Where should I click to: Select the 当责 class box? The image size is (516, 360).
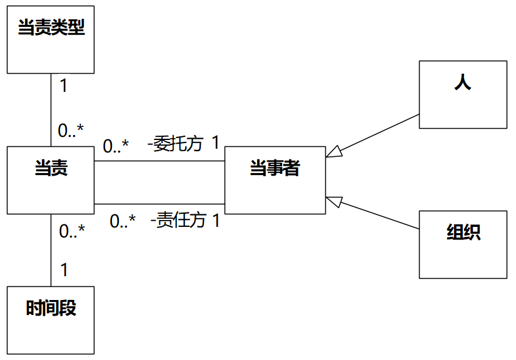(x=50, y=180)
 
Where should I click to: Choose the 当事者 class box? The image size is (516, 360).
(x=275, y=180)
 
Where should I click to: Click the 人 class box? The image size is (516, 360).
(x=463, y=94)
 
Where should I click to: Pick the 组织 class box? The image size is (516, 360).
(x=463, y=244)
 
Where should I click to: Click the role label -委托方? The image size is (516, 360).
(x=176, y=144)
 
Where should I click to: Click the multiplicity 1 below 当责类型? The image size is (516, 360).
(x=63, y=86)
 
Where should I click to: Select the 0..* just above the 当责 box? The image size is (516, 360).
(x=71, y=131)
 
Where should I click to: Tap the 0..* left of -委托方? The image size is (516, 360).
(x=116, y=146)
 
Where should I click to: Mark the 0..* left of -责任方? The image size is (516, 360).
(x=123, y=221)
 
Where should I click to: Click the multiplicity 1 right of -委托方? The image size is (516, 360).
(x=215, y=143)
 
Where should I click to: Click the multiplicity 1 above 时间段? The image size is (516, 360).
(x=64, y=271)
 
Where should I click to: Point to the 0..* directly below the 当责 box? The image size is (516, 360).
(x=72, y=232)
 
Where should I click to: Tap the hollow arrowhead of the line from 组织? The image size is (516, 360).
(x=334, y=201)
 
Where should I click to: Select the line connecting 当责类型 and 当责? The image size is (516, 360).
(x=51, y=109)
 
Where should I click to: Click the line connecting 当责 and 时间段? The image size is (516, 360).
(x=51, y=250)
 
